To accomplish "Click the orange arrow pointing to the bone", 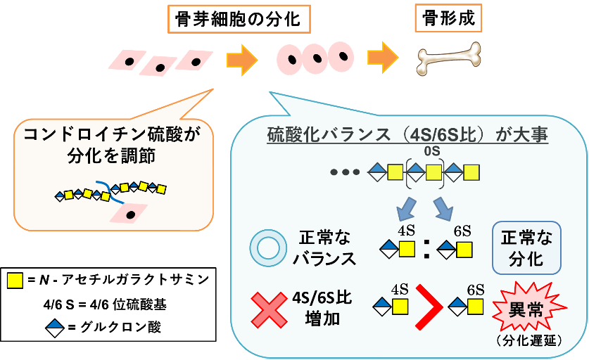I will (383, 57).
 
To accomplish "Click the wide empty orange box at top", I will (239, 19).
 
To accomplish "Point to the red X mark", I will (269, 310).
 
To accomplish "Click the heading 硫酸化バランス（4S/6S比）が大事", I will (407, 135).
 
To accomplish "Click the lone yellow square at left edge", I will (15, 281).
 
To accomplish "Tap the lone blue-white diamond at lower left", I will (55, 328).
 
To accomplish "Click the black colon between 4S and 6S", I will (427, 250).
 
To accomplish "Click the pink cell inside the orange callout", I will (129, 212).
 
